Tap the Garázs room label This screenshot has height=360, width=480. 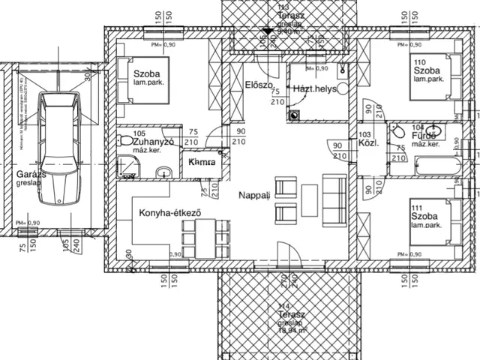16,177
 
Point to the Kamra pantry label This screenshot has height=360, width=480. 202,162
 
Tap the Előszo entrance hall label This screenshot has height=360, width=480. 258,85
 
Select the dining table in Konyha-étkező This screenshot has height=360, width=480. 202,235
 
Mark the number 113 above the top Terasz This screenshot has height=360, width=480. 283,7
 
